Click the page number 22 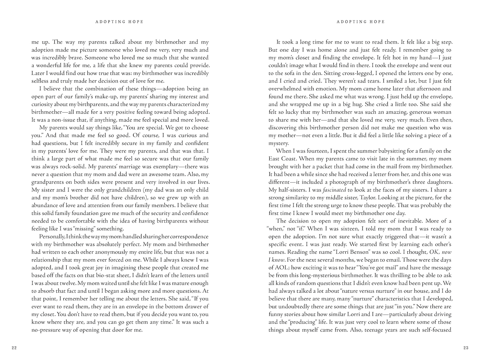click(x=14, y=348)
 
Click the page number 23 click(x=466, y=348)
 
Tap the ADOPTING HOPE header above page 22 click(x=120, y=22)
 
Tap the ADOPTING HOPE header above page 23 click(x=361, y=22)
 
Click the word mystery click(x=278, y=143)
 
